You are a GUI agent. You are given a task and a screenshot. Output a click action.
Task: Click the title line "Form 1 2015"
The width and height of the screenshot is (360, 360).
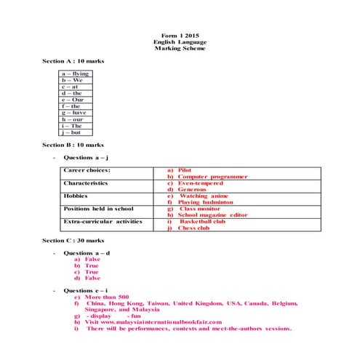180,35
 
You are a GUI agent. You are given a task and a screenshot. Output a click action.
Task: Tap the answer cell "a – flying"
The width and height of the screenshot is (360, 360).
76,73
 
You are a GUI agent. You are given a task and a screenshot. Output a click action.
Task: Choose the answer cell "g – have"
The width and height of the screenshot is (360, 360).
75,113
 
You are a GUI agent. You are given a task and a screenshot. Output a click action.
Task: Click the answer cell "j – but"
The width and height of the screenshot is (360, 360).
72,132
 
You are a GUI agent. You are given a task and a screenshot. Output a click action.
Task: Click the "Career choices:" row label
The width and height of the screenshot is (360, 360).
87,170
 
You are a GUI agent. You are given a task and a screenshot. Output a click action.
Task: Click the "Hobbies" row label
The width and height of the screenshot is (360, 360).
76,196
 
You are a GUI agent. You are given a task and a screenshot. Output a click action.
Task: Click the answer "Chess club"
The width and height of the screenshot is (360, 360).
193,228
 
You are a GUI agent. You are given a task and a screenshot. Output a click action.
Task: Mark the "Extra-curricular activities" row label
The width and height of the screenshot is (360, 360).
103,221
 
